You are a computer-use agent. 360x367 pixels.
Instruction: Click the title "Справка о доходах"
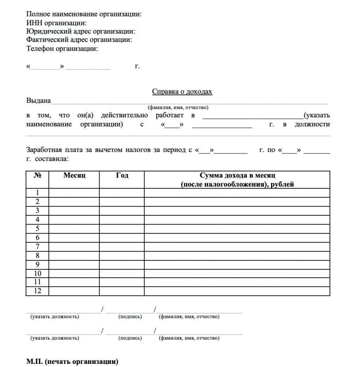click(182, 92)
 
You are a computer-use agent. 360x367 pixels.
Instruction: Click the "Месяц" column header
click(74, 176)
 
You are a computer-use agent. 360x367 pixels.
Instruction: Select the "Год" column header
click(122, 176)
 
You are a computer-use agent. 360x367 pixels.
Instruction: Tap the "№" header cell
click(38, 176)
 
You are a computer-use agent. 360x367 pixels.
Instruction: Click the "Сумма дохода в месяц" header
click(237, 176)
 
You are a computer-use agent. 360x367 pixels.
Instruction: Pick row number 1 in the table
click(38, 192)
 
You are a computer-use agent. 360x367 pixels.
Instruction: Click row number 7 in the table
click(38, 246)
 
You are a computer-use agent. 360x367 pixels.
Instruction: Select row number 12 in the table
click(38, 291)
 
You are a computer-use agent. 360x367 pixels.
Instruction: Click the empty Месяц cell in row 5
click(74, 229)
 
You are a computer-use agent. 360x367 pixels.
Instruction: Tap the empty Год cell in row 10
click(122, 273)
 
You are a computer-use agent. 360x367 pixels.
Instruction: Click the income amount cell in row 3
click(237, 210)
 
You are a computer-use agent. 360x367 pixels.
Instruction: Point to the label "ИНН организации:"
click(56, 23)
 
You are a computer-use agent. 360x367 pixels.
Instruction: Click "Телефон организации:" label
click(62, 49)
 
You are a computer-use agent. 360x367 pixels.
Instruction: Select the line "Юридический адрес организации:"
click(80, 31)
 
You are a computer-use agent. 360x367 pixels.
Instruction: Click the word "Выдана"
click(38, 101)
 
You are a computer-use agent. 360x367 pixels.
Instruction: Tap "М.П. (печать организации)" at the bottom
click(73, 362)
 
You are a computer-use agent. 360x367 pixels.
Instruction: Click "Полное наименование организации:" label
click(84, 14)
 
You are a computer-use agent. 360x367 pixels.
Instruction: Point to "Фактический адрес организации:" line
click(79, 40)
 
